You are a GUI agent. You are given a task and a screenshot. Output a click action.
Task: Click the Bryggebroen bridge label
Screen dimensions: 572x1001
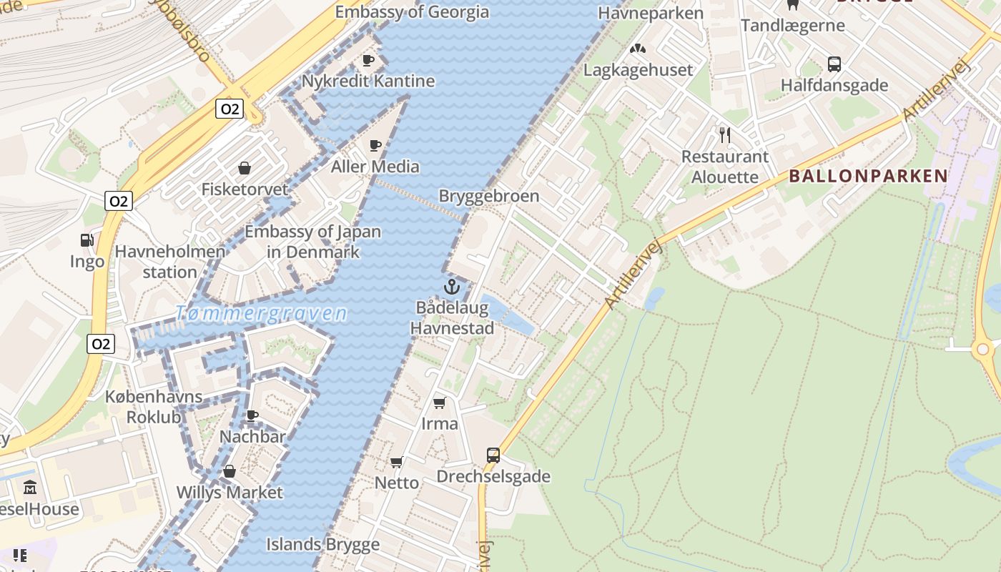coord(488,196)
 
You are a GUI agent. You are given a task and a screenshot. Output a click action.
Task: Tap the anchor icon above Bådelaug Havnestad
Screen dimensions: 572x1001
coord(451,287)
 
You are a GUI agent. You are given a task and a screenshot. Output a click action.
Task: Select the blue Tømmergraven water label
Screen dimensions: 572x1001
coord(261,313)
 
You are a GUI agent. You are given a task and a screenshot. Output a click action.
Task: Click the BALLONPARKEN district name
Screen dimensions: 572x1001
coord(868,176)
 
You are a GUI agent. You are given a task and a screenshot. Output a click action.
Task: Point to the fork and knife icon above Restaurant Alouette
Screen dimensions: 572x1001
coord(725,135)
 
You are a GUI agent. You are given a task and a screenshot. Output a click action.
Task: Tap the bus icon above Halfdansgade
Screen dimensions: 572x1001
coord(834,64)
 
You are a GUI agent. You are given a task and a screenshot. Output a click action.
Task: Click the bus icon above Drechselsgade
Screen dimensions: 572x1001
coord(493,455)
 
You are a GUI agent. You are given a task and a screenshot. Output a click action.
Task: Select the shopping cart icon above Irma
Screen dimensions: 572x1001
coord(440,403)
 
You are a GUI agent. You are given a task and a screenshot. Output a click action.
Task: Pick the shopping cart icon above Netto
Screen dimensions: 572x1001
coord(397,462)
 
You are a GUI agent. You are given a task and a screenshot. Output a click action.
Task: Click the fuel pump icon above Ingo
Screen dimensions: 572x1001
coord(87,241)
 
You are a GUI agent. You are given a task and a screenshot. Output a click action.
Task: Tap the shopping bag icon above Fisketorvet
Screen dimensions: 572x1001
coord(245,168)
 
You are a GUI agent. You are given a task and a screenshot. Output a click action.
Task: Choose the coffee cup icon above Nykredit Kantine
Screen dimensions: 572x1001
coord(368,60)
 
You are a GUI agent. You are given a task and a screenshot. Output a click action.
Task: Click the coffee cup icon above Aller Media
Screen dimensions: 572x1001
coord(375,146)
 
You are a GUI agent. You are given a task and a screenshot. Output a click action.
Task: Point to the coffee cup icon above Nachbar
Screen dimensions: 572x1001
coord(252,415)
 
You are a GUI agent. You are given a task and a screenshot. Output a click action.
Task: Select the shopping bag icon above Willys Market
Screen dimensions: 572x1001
coord(230,471)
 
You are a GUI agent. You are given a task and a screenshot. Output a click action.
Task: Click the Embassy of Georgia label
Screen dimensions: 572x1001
coord(412,12)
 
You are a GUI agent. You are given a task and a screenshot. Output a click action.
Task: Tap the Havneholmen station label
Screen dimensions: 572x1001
coord(170,262)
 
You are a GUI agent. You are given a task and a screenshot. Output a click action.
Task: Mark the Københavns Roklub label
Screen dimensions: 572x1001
coord(154,407)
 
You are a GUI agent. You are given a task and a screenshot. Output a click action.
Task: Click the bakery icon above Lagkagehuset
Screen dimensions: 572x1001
coord(637,49)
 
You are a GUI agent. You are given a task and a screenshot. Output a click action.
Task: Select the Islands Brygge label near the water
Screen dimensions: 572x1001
coord(323,544)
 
